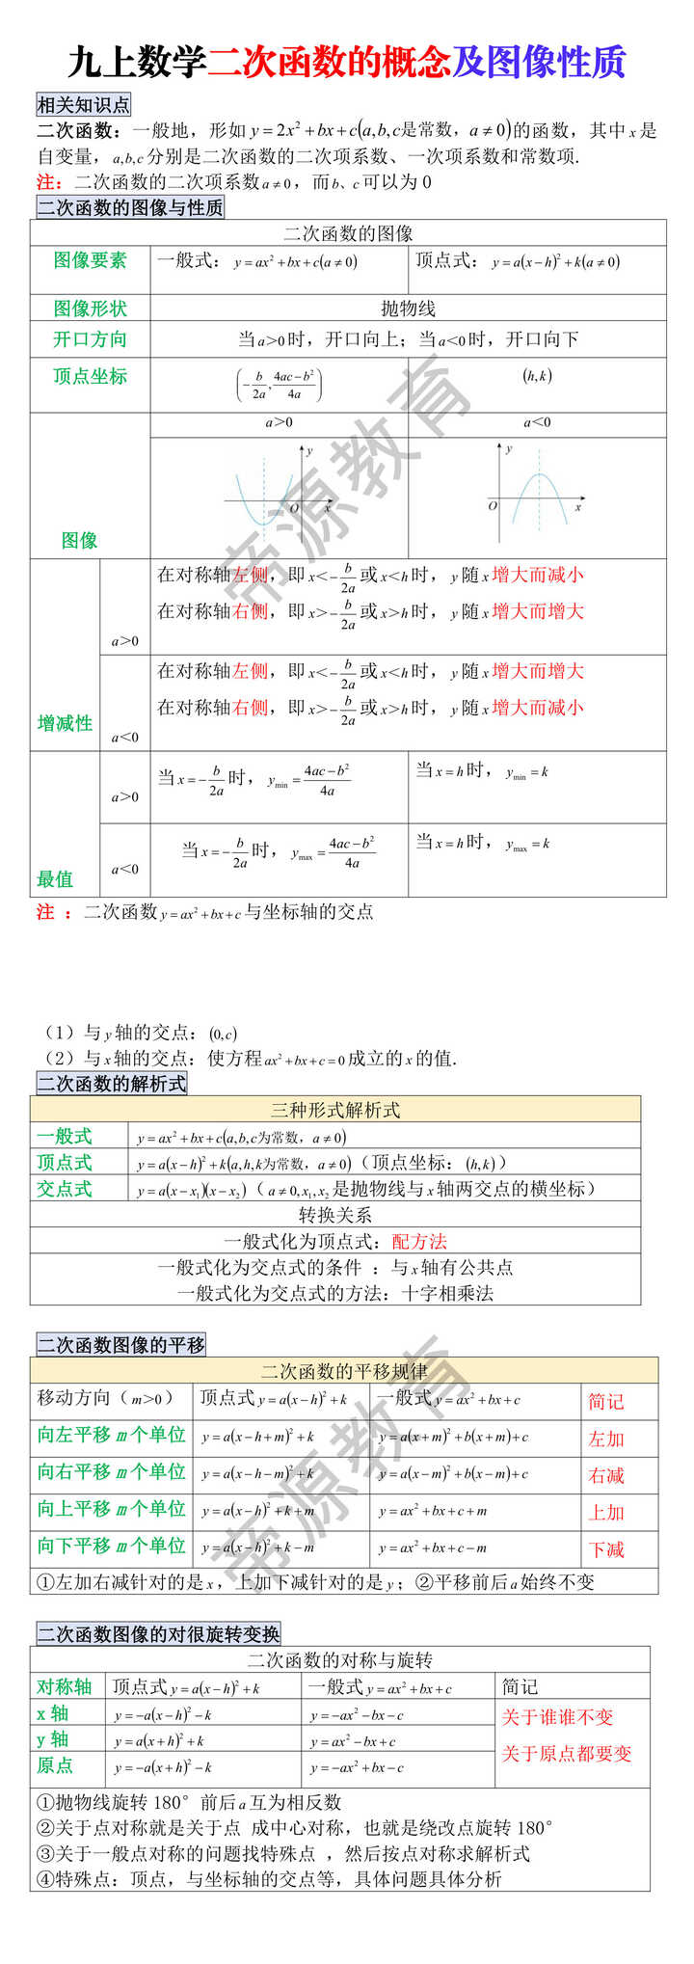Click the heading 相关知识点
pos(83,105)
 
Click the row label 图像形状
pos(91,309)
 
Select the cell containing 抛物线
pos(408,309)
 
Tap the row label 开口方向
pos(91,339)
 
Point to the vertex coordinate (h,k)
pos(537,376)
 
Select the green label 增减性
pos(65,723)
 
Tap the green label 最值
pos(55,878)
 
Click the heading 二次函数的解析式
pos(112,1084)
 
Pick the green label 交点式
pos(65,1189)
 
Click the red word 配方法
pos(419,1241)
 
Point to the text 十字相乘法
pos(447,1293)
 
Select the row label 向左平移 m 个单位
pos(112,1435)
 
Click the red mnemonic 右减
pos(606,1475)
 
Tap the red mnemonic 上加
pos(606,1513)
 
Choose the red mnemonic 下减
pos(606,1549)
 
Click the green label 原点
pos(55,1765)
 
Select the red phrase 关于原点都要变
pos(567,1753)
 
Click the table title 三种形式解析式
pos(335,1110)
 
